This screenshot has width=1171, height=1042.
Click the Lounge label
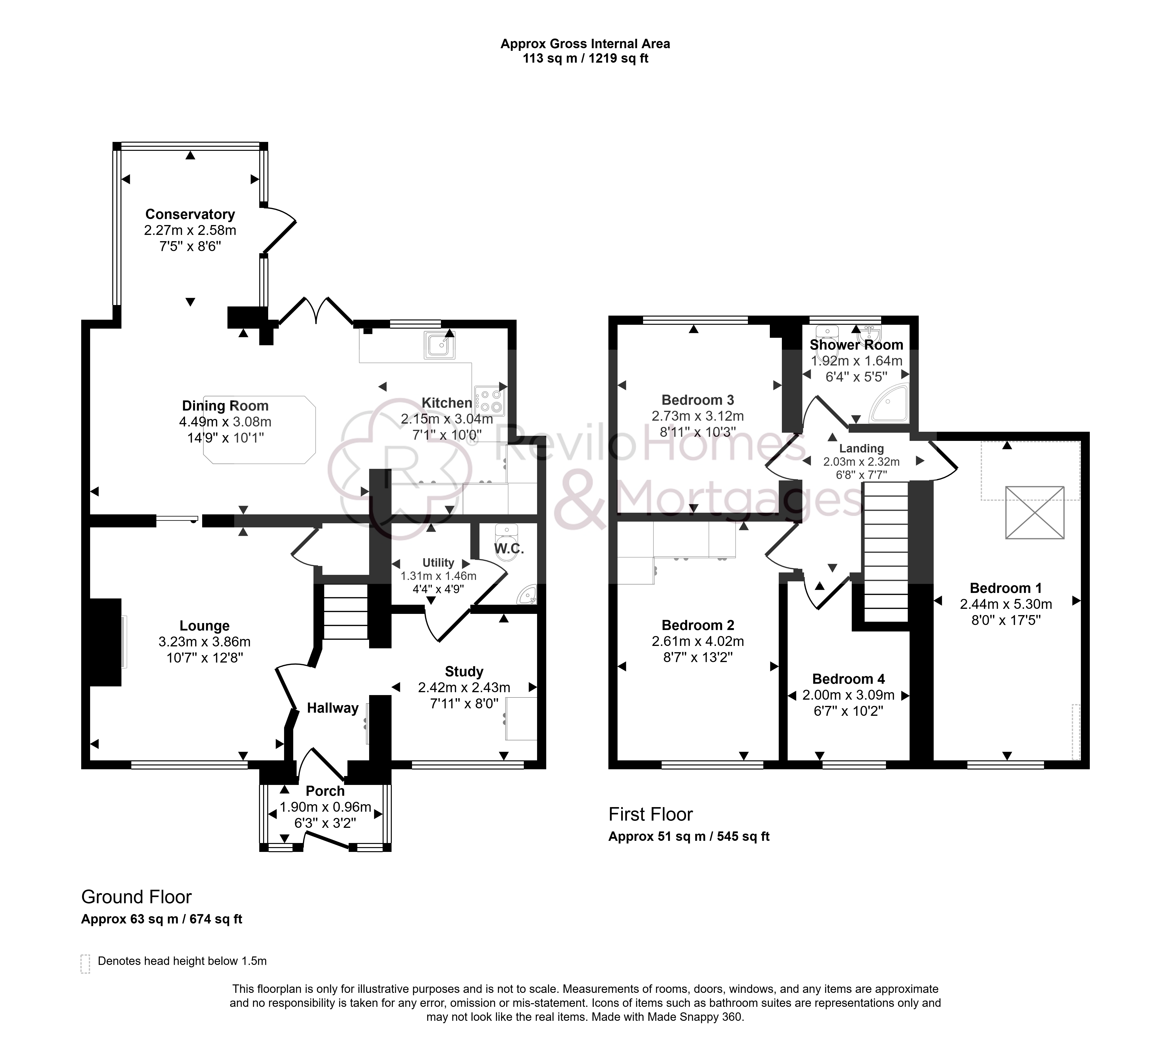point(205,626)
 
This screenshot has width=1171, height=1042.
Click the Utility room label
point(438,563)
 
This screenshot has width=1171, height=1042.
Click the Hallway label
point(332,708)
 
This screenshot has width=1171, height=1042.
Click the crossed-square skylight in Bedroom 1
point(1035,513)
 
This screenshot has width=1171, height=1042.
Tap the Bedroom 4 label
point(848,679)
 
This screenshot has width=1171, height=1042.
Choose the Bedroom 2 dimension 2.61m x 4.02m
point(698,642)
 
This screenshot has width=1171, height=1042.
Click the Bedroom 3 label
point(698,400)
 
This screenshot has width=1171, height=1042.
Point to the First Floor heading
point(651,815)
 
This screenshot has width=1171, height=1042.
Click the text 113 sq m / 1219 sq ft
point(585,59)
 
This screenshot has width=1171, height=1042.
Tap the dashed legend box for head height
point(85,964)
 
